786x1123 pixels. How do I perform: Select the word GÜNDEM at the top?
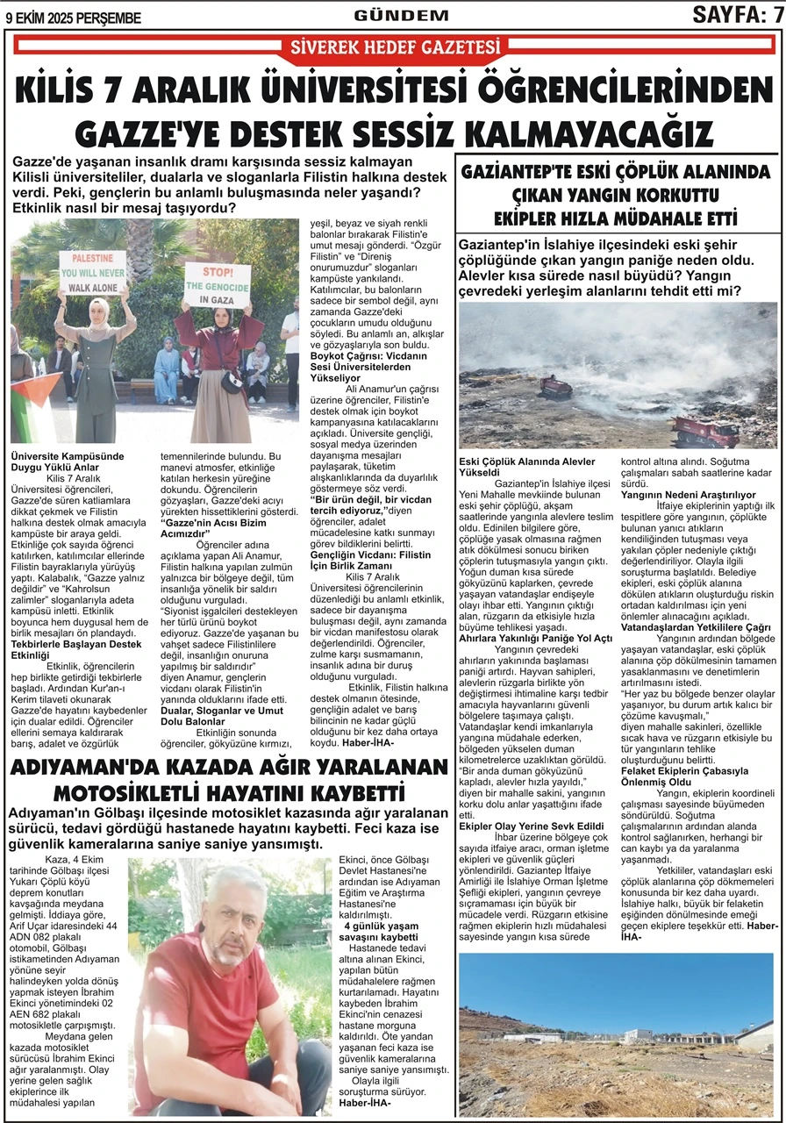tap(401, 15)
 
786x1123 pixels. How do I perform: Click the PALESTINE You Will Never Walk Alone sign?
tap(92, 272)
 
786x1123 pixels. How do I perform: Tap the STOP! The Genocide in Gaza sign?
tap(218, 285)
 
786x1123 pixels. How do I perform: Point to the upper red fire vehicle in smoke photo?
tap(555, 386)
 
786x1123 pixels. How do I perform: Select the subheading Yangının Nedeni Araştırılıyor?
tap(688, 495)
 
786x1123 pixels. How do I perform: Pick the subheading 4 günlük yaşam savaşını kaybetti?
tap(381, 932)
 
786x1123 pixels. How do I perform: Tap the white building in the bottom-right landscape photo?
tap(639, 1035)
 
